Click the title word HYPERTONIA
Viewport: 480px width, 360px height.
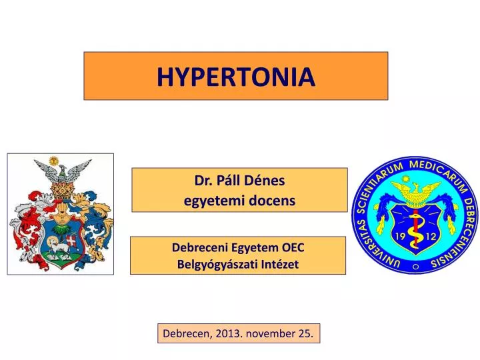coord(235,77)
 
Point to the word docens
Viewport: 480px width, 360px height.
coord(271,200)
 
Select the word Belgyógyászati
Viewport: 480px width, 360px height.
coord(213,264)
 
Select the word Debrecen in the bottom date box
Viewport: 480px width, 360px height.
coord(185,333)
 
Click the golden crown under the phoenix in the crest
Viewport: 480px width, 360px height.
coord(61,194)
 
